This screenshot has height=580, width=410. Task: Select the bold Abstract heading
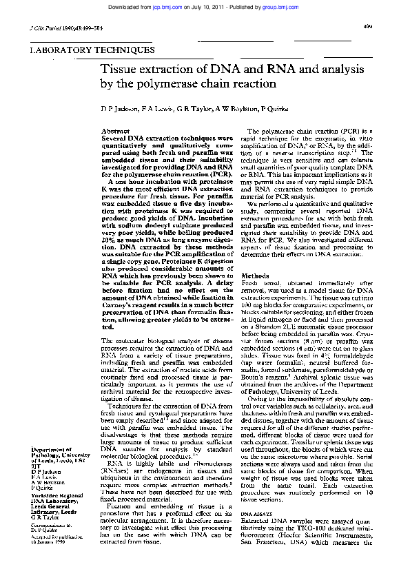[x=115, y=131]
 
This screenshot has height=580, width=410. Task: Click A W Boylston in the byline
[x=234, y=109]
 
